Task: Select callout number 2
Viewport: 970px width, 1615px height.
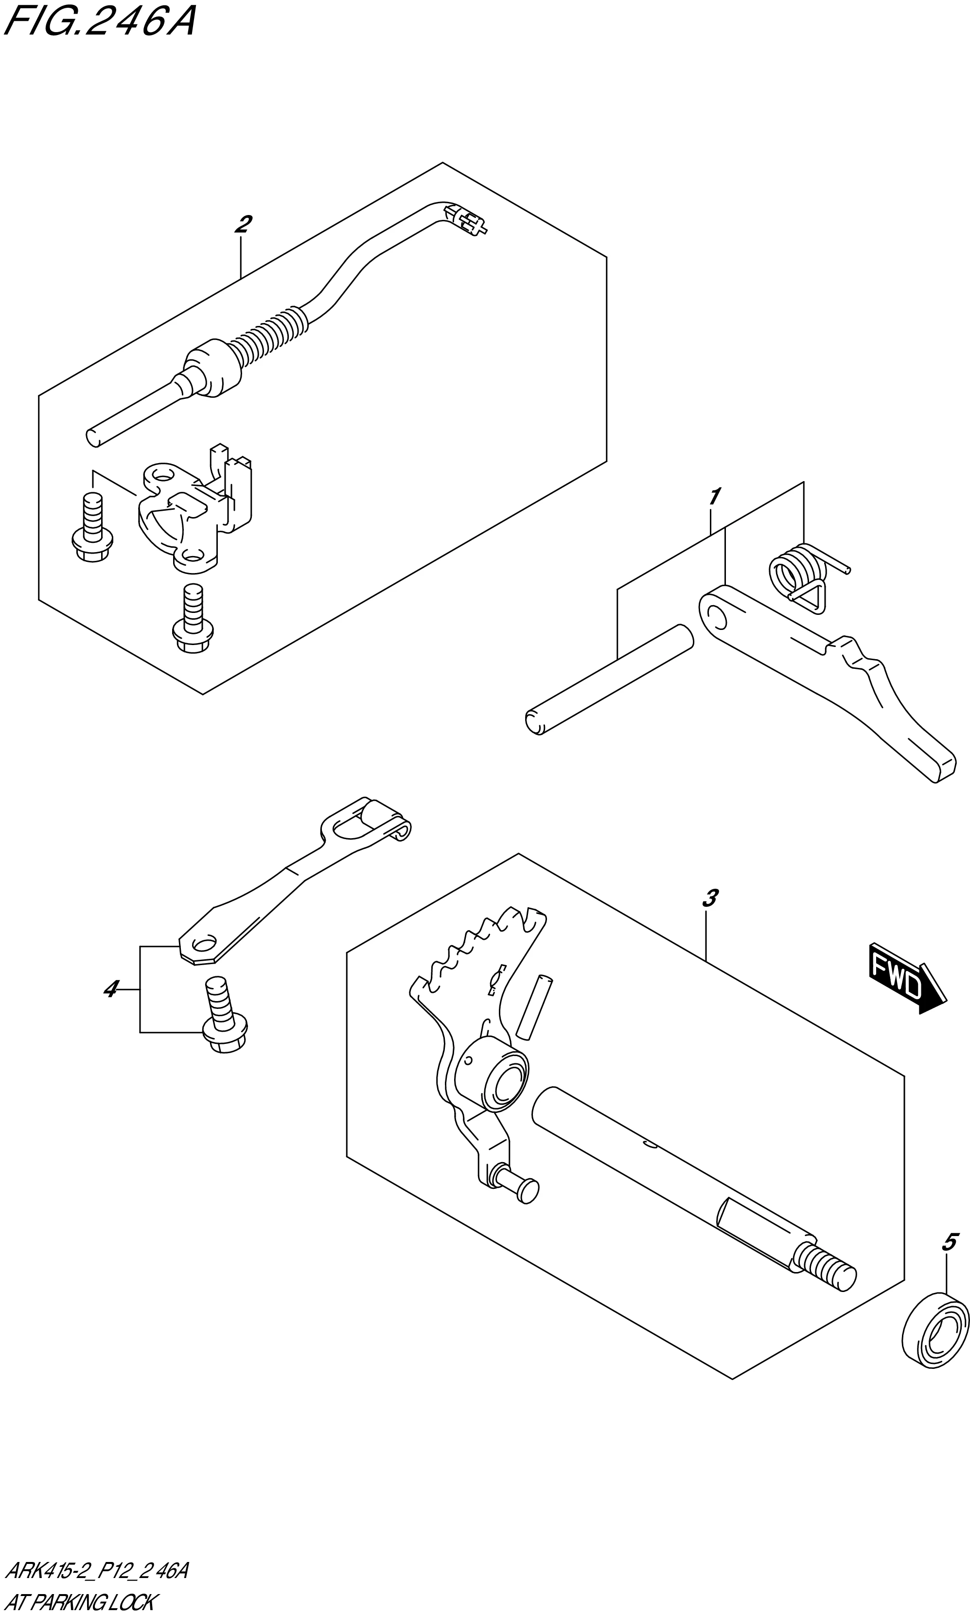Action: coord(243,224)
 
